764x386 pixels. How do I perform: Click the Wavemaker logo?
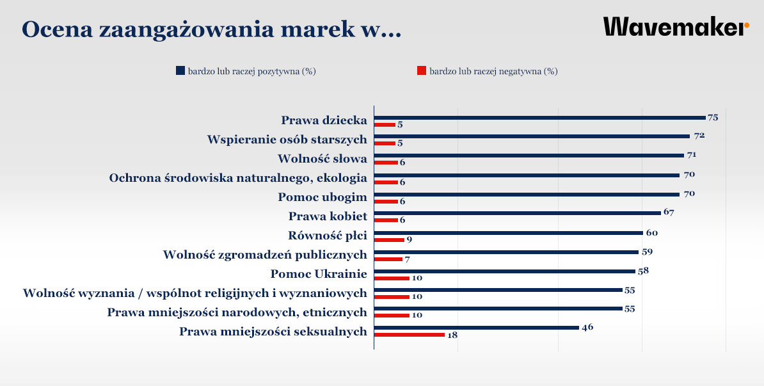pos(676,28)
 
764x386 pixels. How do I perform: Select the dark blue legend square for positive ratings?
pos(180,71)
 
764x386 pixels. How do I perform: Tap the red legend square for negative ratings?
pos(422,71)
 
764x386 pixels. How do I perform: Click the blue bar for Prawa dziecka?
pos(539,118)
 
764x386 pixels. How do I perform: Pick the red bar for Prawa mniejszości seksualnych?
pos(409,335)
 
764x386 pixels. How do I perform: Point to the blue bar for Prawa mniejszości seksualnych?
pos(476,328)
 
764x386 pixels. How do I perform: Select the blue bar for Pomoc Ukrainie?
pos(504,271)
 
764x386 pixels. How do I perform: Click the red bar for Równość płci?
pos(389,240)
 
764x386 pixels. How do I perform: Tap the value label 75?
pos(713,118)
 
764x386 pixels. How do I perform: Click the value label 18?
pos(452,335)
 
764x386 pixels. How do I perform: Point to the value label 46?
pos(587,328)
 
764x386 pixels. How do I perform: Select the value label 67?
pos(669,213)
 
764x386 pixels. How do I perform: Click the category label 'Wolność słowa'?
pos(322,159)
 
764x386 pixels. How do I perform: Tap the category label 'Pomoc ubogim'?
pos(322,197)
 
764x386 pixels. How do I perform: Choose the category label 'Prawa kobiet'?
pos(328,216)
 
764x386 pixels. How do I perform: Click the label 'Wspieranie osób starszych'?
pos(287,140)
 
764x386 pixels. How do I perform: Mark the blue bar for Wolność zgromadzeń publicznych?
pos(506,252)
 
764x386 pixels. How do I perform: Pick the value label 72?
pos(699,136)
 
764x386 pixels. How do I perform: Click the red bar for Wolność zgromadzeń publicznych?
pos(388,259)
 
